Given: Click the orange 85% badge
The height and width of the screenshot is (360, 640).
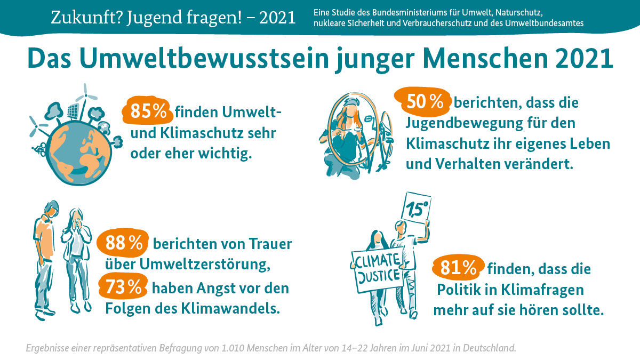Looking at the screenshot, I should [147, 111].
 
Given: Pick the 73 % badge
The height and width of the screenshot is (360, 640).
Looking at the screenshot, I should [122, 288].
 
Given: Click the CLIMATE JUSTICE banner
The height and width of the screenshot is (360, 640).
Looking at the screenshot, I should [376, 269].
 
